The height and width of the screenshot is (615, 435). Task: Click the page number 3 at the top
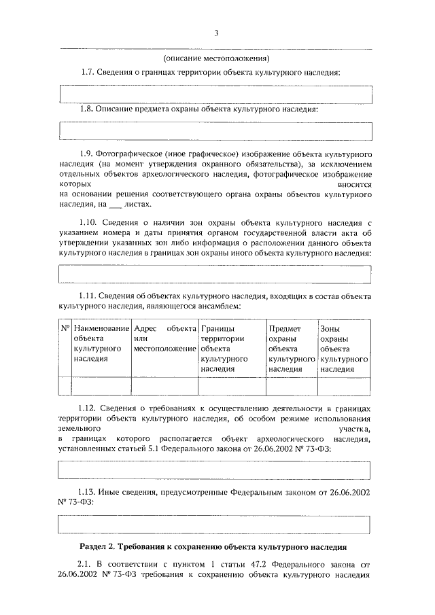215,33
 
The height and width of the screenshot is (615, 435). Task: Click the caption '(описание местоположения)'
216,58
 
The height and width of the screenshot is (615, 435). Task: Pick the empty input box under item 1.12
215,470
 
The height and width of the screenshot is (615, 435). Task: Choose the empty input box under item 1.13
215,525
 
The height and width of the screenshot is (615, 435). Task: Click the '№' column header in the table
65,329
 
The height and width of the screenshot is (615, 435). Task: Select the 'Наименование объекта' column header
101,343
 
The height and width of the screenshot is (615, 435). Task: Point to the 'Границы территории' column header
231,348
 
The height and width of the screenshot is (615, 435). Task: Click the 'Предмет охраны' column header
291,348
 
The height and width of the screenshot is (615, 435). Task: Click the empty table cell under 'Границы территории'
231,386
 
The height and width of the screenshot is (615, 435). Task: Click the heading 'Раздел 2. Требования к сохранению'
215,546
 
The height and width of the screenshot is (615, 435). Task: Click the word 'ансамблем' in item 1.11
222,307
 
